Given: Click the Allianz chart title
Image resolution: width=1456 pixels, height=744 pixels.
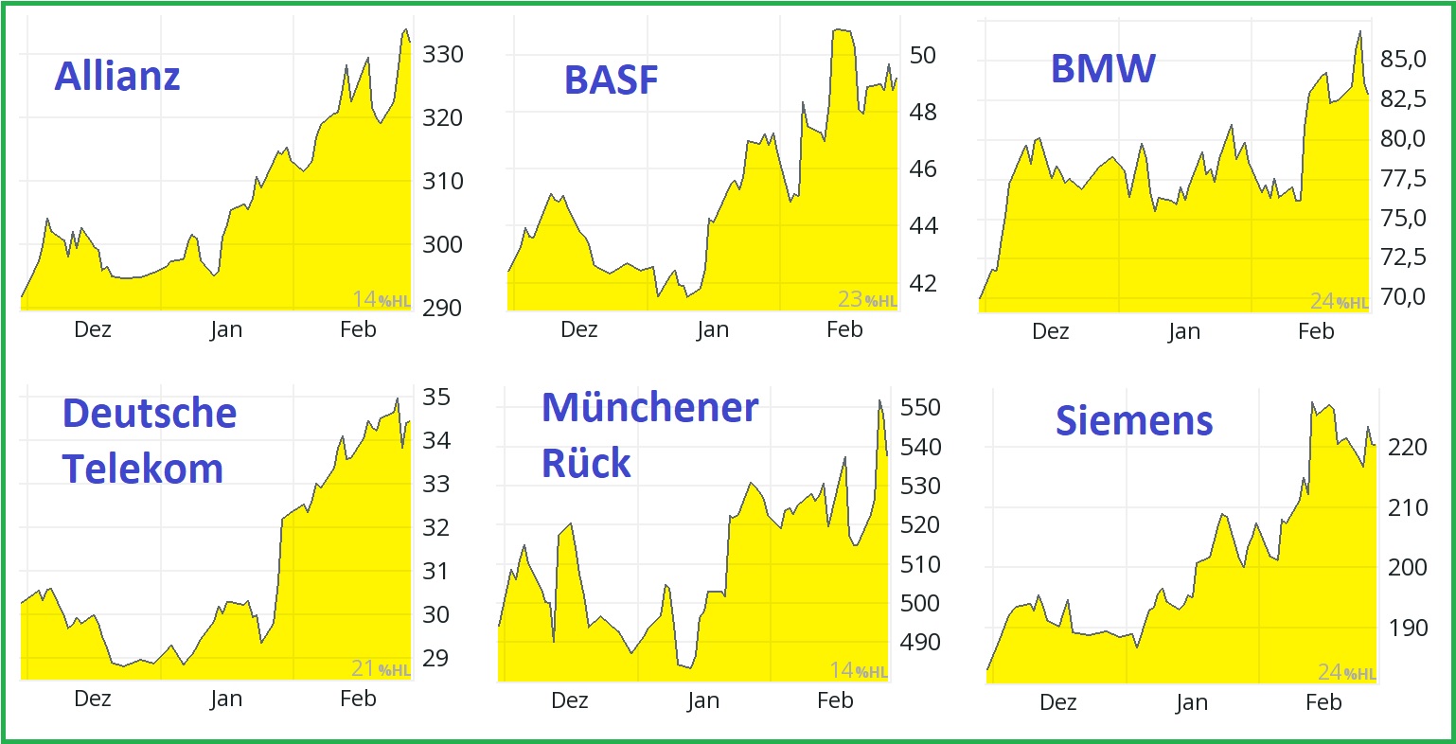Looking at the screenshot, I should [117, 76].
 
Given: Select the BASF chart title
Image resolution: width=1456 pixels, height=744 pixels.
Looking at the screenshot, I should [611, 80].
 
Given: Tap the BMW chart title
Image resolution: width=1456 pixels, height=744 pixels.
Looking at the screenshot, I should [1103, 68].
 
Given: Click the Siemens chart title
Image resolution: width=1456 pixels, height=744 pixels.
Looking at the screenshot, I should [1134, 420].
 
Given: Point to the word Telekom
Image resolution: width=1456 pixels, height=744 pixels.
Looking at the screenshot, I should [143, 469].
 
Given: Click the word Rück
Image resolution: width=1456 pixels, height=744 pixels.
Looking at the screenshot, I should [586, 463].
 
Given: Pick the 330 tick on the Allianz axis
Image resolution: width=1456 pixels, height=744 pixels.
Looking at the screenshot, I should [442, 55].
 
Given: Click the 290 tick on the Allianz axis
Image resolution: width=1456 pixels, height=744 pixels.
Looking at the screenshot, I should [442, 308].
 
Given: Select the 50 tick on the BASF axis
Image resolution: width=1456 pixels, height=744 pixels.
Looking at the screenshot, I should [922, 56].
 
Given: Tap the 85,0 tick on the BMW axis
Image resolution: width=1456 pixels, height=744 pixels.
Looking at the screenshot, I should [1403, 60].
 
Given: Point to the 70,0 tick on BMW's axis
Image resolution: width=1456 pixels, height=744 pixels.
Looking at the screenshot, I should [1403, 297].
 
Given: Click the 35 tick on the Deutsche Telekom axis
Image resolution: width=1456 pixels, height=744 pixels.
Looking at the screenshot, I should [435, 398].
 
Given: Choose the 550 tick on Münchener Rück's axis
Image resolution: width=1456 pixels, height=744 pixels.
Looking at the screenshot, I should [919, 408].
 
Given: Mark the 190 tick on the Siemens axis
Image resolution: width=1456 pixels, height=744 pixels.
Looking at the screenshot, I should [1408, 628].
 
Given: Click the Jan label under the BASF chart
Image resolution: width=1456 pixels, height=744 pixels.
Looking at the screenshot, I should [712, 329].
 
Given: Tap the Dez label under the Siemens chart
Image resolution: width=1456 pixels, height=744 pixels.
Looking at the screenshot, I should [1057, 702].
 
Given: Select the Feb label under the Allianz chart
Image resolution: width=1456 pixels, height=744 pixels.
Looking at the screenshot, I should [358, 329].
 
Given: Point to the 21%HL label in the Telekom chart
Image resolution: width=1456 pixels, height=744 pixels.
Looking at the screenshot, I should [381, 669].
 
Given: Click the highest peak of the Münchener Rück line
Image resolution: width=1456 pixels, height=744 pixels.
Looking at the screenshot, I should [879, 400].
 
